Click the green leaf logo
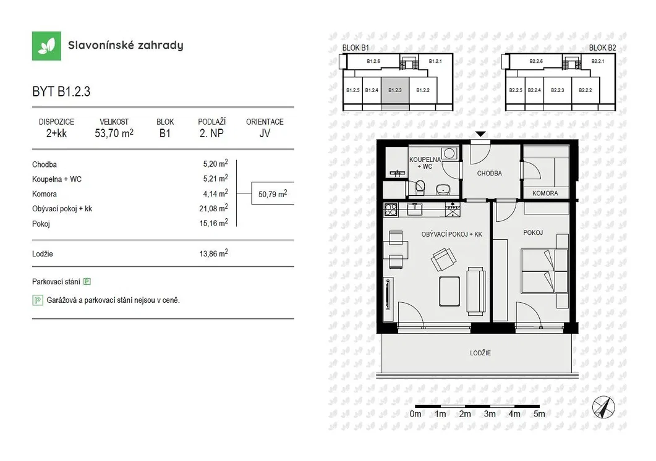(x=46, y=46)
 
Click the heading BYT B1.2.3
(x=61, y=91)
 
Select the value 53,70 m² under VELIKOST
(x=114, y=133)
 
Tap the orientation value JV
(x=265, y=133)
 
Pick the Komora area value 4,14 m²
(x=215, y=193)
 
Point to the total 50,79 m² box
(x=273, y=193)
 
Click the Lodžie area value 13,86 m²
(x=213, y=253)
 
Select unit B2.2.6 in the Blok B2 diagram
(x=536, y=61)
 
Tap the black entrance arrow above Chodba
(x=480, y=134)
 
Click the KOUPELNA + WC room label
(x=425, y=163)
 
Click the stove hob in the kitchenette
(x=391, y=209)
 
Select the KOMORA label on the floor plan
(x=545, y=193)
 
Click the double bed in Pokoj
(x=544, y=271)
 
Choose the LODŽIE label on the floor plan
(x=480, y=353)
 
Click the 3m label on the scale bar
(x=490, y=414)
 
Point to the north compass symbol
(x=603, y=407)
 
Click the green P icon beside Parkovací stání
(x=87, y=282)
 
